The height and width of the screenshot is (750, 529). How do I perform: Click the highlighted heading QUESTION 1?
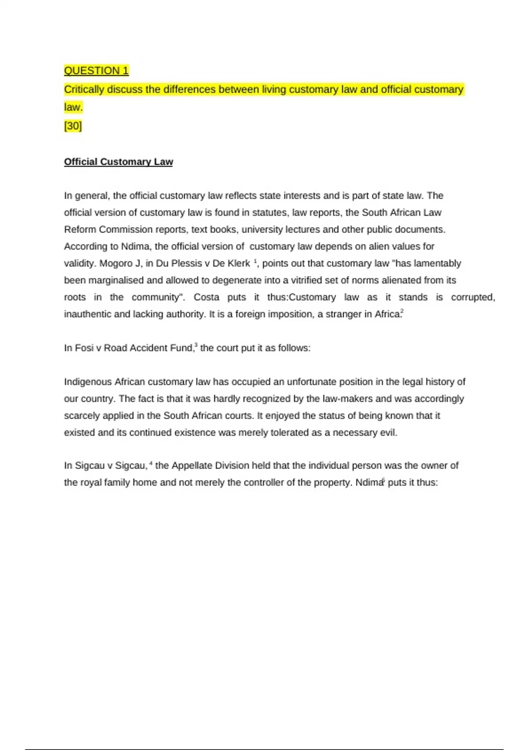(x=96, y=71)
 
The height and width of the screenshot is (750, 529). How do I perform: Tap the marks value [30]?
(x=73, y=126)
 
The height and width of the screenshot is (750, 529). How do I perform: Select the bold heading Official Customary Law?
(x=118, y=162)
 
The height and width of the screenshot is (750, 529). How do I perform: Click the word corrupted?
(x=473, y=297)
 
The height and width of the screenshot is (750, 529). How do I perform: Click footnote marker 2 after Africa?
(x=402, y=311)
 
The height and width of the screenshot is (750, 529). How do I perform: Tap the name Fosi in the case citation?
(x=84, y=348)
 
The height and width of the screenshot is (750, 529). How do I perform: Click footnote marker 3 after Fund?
(x=196, y=345)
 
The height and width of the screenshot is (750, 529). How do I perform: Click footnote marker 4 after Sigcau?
(x=151, y=463)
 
